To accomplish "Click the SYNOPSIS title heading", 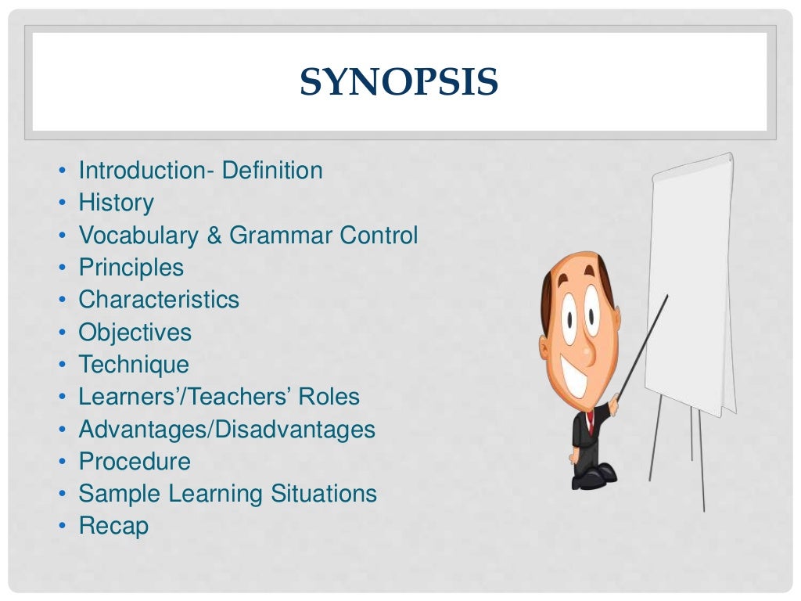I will [399, 82].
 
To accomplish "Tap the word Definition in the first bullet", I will [272, 171].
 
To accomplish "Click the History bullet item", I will [116, 203].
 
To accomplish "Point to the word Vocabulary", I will [138, 236].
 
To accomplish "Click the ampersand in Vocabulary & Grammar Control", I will [214, 236].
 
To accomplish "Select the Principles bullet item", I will [131, 268].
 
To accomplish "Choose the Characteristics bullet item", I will [158, 300].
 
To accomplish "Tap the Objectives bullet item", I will [135, 333].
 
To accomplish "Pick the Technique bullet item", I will [133, 365].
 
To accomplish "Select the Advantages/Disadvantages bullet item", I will [226, 430].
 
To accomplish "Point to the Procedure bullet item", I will [134, 462].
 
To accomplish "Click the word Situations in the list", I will [324, 494].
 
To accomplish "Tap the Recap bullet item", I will [113, 526].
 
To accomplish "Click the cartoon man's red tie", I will [591, 423].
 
